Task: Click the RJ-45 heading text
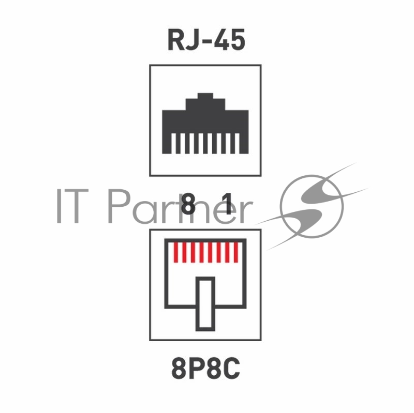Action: [x=206, y=40]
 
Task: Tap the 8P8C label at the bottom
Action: [x=205, y=368]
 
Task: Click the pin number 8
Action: [x=188, y=204]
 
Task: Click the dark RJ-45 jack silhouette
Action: [x=205, y=123]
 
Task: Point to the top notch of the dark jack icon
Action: [x=205, y=96]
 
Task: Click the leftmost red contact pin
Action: [x=175, y=252]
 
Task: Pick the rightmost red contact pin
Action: [x=236, y=252]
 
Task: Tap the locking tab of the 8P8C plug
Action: [x=205, y=304]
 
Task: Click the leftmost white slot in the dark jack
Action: [x=173, y=144]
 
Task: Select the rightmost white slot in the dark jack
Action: [x=238, y=144]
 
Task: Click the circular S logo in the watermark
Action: [x=312, y=206]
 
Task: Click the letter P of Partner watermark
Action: [x=119, y=206]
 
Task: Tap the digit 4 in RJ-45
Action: [x=221, y=40]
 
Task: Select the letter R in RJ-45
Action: [x=176, y=40]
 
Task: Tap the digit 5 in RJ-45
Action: [x=238, y=40]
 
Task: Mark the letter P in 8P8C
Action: [x=197, y=368]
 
